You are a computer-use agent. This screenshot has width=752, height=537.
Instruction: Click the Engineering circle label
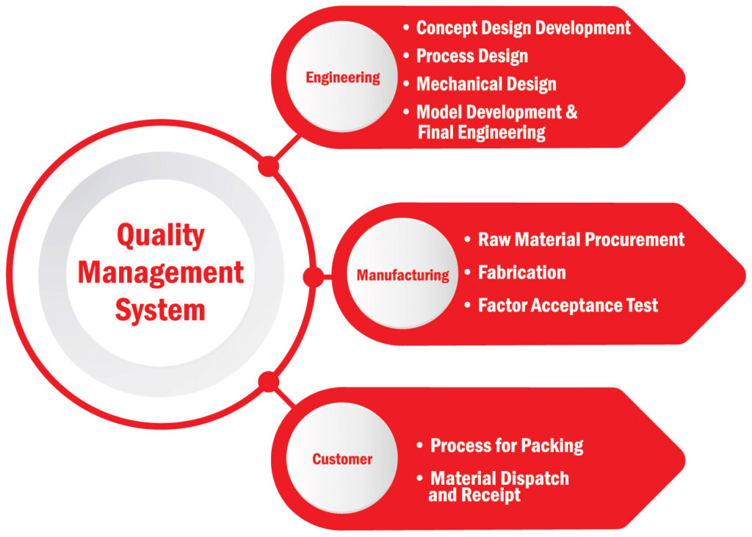[343, 77]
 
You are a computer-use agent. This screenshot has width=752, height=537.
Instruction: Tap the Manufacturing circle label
[402, 275]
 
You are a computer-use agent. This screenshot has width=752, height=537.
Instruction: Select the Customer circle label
[342, 459]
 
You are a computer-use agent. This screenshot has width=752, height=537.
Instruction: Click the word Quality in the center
[160, 236]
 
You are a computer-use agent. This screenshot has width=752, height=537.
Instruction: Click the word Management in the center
[160, 273]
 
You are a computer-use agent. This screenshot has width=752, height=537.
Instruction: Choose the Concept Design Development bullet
[523, 28]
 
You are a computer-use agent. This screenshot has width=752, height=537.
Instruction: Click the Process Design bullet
[471, 56]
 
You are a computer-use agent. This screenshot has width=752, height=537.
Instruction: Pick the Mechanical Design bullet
[486, 84]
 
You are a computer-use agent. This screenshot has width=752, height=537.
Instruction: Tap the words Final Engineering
[482, 132]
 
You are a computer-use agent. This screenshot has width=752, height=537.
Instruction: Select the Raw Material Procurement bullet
[581, 239]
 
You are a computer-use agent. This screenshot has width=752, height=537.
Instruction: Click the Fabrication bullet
[521, 273]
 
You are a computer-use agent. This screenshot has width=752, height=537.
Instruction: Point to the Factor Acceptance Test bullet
[568, 305]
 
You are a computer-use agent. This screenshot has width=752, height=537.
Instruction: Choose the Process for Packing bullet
[507, 445]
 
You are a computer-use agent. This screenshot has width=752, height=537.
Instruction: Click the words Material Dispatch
[499, 478]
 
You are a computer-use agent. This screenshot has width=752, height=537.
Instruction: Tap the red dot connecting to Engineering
[269, 167]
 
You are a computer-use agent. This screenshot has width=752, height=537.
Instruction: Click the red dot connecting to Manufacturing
[313, 277]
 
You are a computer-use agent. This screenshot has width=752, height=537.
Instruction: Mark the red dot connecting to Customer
[269, 381]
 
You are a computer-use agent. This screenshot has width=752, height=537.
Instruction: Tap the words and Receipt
[474, 495]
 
